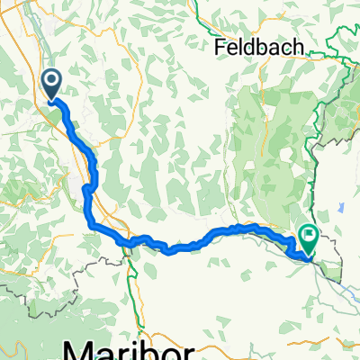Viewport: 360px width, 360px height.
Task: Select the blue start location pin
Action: pyautogui.click(x=50, y=85)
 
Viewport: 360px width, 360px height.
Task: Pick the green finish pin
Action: pyautogui.click(x=308, y=240)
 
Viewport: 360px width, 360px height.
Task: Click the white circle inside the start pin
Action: pyautogui.click(x=50, y=82)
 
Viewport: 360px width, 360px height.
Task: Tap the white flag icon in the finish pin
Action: pyautogui.click(x=308, y=237)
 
